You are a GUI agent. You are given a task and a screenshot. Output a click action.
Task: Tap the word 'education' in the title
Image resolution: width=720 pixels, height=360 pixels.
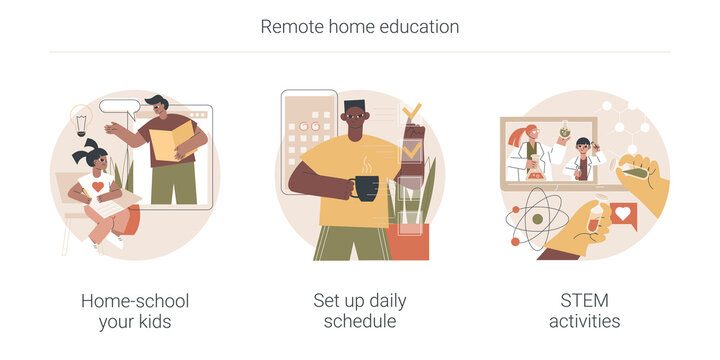tap(421, 27)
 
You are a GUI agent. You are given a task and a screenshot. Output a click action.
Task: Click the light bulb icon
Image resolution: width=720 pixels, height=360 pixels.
tap(81, 121)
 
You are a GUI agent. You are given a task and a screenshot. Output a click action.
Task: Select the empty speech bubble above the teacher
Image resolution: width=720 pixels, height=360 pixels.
tap(119, 106)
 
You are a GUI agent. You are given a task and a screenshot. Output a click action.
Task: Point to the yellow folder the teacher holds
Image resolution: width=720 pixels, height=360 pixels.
tap(169, 140)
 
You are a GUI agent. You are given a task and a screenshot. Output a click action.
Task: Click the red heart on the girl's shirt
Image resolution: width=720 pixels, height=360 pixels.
tap(98, 187)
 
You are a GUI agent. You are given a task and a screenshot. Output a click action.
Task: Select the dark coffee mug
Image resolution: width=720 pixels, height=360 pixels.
tap(366, 187)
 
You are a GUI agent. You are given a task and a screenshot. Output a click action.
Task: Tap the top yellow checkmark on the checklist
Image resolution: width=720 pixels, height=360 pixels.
tap(411, 112)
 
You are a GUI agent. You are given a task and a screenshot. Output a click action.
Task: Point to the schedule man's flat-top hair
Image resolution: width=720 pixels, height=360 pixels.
tap(356, 105)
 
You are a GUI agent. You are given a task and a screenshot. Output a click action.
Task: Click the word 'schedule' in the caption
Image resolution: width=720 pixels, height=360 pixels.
tap(360, 322)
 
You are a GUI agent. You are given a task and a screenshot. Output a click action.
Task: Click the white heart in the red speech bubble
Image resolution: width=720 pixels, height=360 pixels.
tap(624, 213)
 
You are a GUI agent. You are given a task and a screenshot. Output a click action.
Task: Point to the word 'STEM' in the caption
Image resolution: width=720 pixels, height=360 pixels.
tap(584, 301)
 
